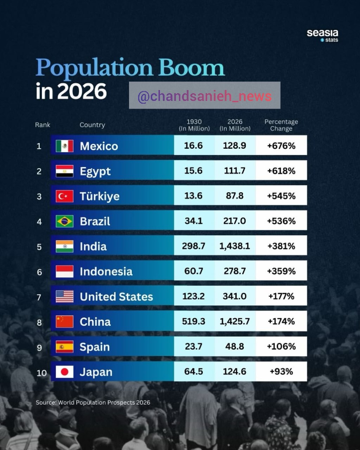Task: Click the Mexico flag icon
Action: point(65,146)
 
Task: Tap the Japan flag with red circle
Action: point(65,372)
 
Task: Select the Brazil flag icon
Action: point(65,221)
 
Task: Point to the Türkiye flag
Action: point(65,196)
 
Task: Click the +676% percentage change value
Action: point(281,146)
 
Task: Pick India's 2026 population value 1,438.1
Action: point(234,246)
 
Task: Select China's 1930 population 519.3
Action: point(193,321)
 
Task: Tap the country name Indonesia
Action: point(106,271)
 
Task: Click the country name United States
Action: point(116,296)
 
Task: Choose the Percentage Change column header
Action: point(281,125)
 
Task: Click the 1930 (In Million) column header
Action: point(194,125)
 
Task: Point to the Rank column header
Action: point(43,125)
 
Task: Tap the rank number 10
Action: point(41,373)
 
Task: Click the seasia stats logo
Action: point(322,36)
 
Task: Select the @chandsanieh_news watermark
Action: point(205,96)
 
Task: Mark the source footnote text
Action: point(93,403)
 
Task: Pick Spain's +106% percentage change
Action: point(281,347)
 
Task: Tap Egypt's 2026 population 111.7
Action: point(234,171)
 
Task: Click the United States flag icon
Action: point(65,296)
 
